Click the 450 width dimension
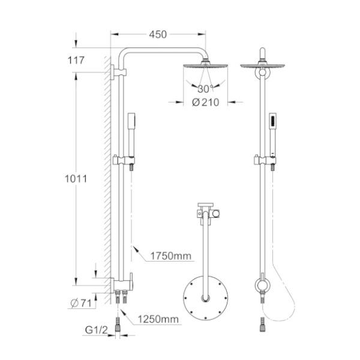pyautogui.click(x=158, y=35)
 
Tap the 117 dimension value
pyautogui.click(x=76, y=61)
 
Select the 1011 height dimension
pyautogui.click(x=76, y=179)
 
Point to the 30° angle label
pyautogui.click(x=205, y=89)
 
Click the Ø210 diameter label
pyautogui.click(x=205, y=103)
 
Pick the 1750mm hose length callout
pyautogui.click(x=171, y=256)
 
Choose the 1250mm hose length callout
pyautogui.click(x=158, y=319)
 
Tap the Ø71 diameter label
pyautogui.click(x=81, y=303)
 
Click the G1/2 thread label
pyautogui.click(x=97, y=330)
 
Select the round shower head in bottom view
pyautogui.click(x=205, y=298)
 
